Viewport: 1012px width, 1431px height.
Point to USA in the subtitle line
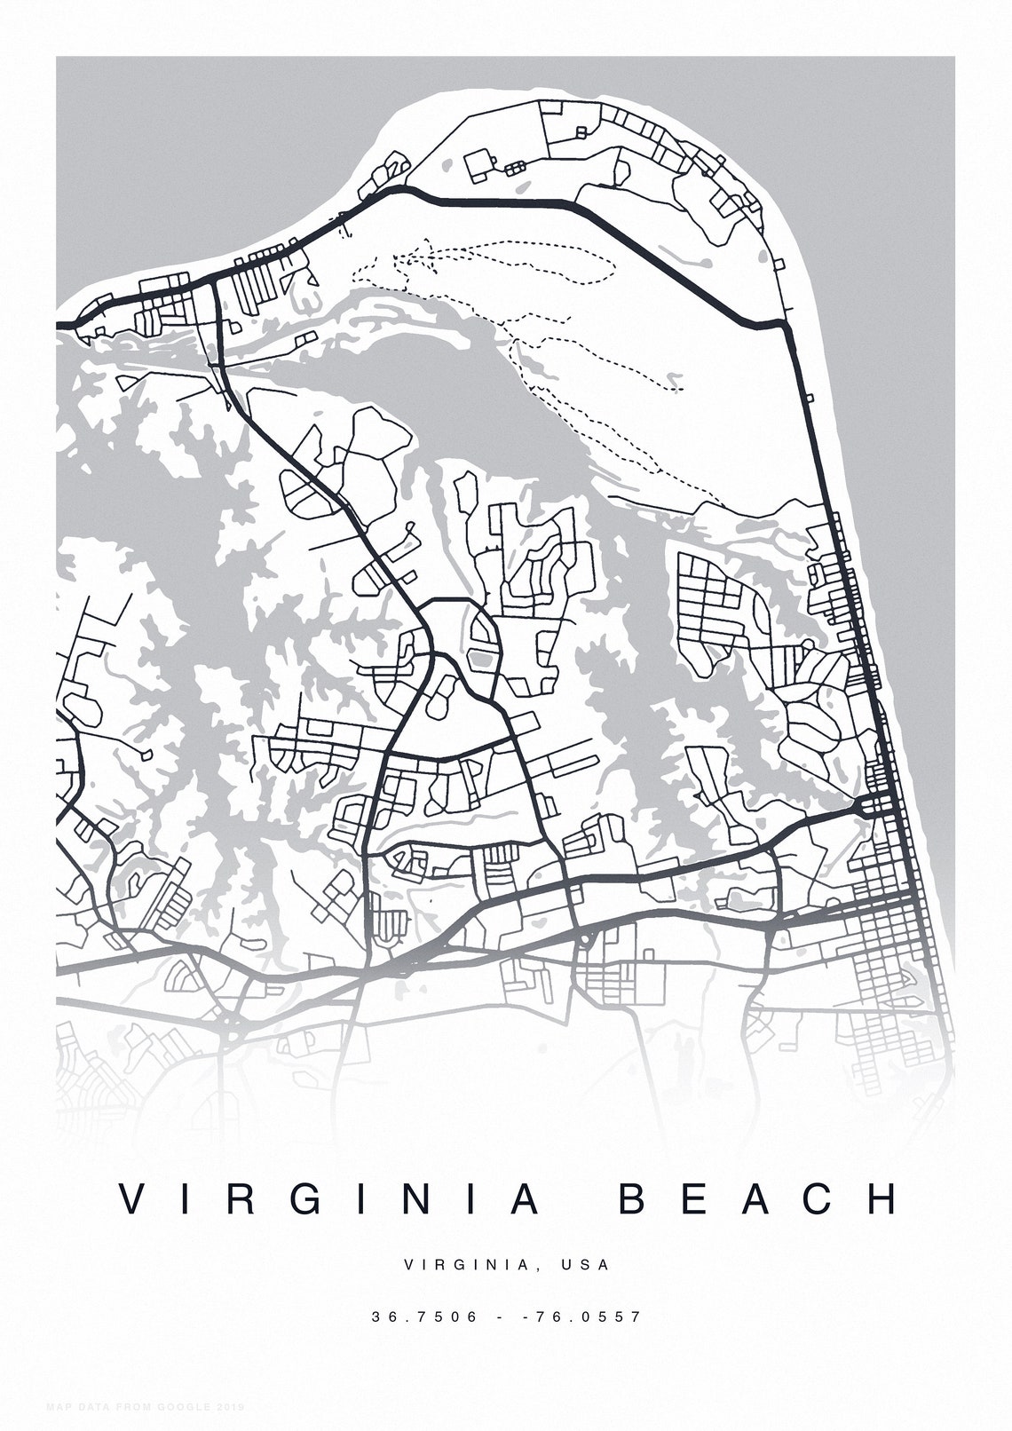(x=585, y=1264)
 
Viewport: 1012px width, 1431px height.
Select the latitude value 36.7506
(x=424, y=1316)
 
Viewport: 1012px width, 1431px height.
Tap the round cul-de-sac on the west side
(x=146, y=755)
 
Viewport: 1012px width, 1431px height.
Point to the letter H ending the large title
(x=882, y=1198)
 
